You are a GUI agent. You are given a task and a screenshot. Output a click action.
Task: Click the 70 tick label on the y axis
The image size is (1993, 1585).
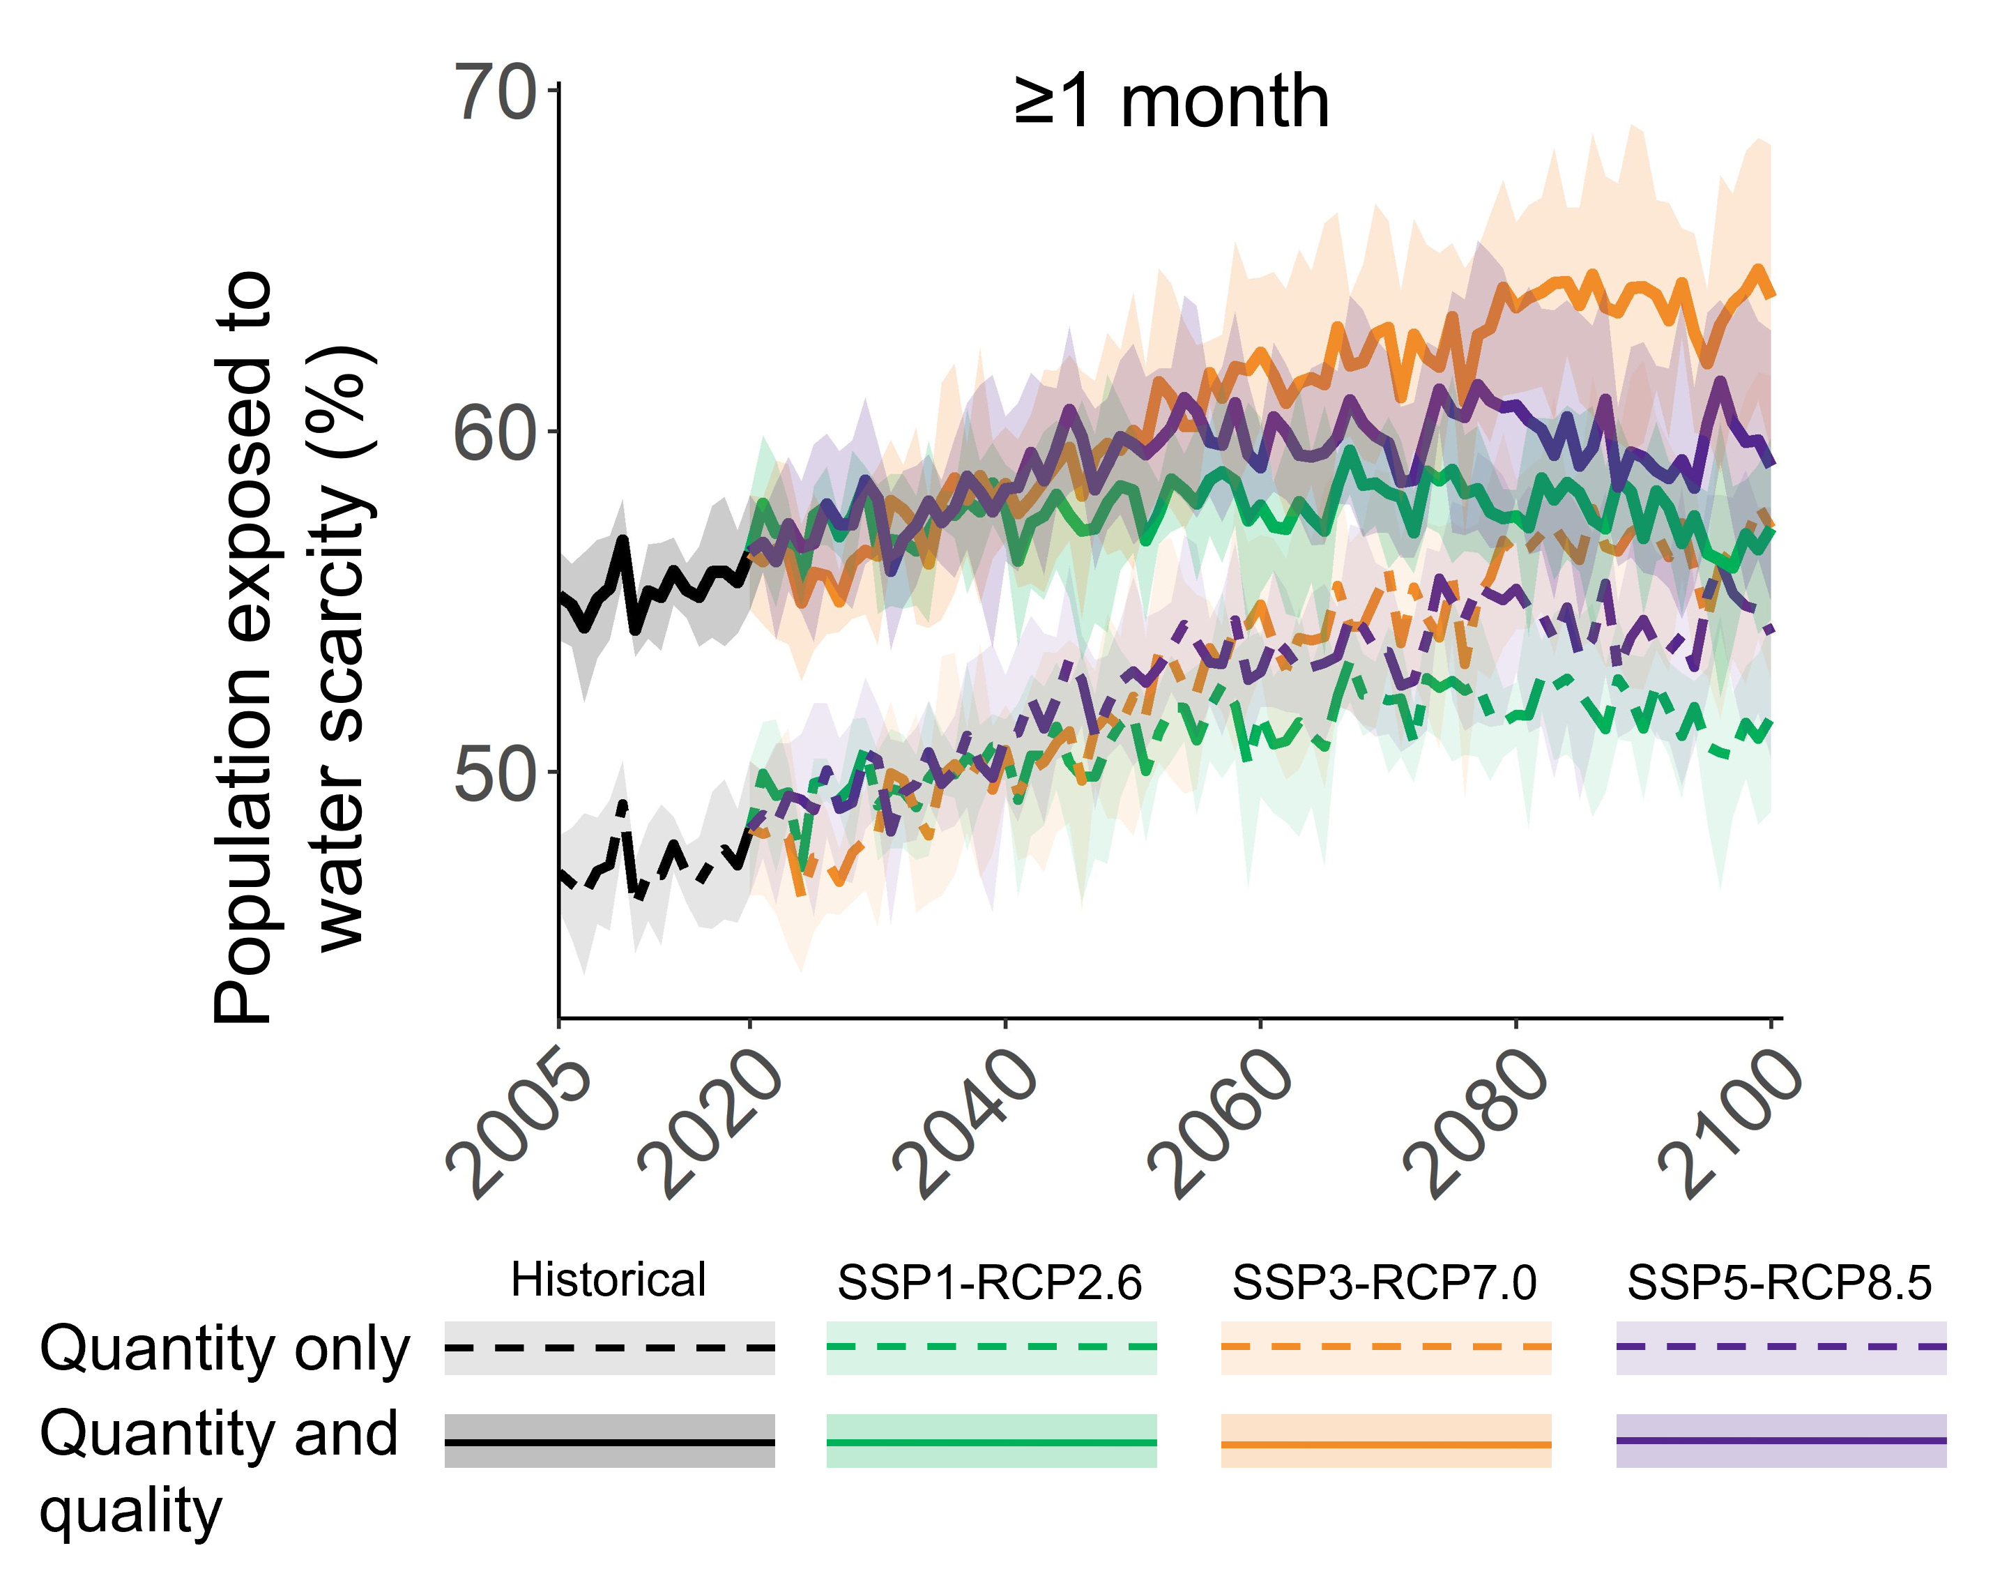click(x=494, y=93)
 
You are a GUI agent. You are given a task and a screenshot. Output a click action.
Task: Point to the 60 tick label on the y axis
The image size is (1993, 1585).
click(x=494, y=433)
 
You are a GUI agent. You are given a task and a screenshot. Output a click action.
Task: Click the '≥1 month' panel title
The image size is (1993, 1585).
click(x=1171, y=102)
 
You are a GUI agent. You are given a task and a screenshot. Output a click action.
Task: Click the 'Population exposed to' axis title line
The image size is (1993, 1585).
click(x=242, y=647)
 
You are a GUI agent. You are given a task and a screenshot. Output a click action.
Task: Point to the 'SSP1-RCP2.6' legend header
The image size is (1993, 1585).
click(x=990, y=1282)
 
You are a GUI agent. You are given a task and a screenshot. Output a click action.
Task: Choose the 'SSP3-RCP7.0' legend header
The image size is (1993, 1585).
click(x=1384, y=1282)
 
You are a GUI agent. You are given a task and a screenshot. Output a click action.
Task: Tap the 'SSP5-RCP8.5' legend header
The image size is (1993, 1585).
click(x=1780, y=1282)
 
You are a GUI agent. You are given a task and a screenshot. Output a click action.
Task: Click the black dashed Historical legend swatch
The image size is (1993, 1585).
click(x=609, y=1347)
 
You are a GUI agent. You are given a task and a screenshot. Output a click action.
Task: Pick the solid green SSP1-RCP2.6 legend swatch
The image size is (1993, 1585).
click(x=991, y=1441)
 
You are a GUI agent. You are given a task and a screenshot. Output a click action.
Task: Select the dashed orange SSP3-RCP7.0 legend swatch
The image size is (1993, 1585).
click(x=1386, y=1347)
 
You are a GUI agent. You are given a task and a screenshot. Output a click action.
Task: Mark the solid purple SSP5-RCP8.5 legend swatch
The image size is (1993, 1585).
click(x=1780, y=1441)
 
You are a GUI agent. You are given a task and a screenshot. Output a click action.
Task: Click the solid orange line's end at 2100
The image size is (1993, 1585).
click(x=1769, y=295)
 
